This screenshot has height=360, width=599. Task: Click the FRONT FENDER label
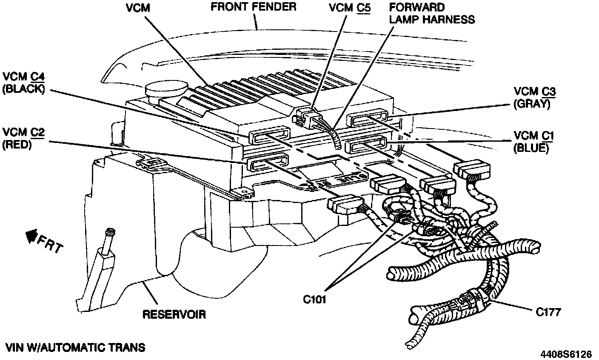(254, 7)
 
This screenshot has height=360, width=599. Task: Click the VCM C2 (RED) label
(23, 138)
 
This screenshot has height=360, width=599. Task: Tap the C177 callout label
(548, 312)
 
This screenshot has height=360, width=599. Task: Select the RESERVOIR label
(174, 314)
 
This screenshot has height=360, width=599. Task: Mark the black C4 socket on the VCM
(269, 136)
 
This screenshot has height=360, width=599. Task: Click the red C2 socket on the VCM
(267, 163)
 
